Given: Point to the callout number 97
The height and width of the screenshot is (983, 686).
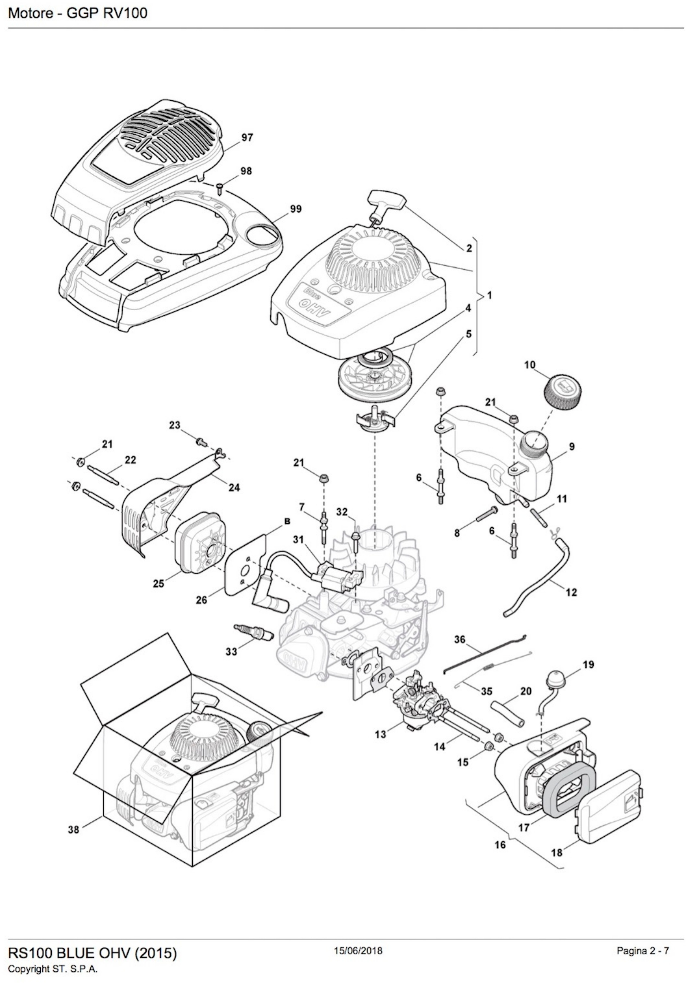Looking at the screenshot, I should [247, 138].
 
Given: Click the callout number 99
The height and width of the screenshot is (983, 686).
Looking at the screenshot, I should [295, 209].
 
